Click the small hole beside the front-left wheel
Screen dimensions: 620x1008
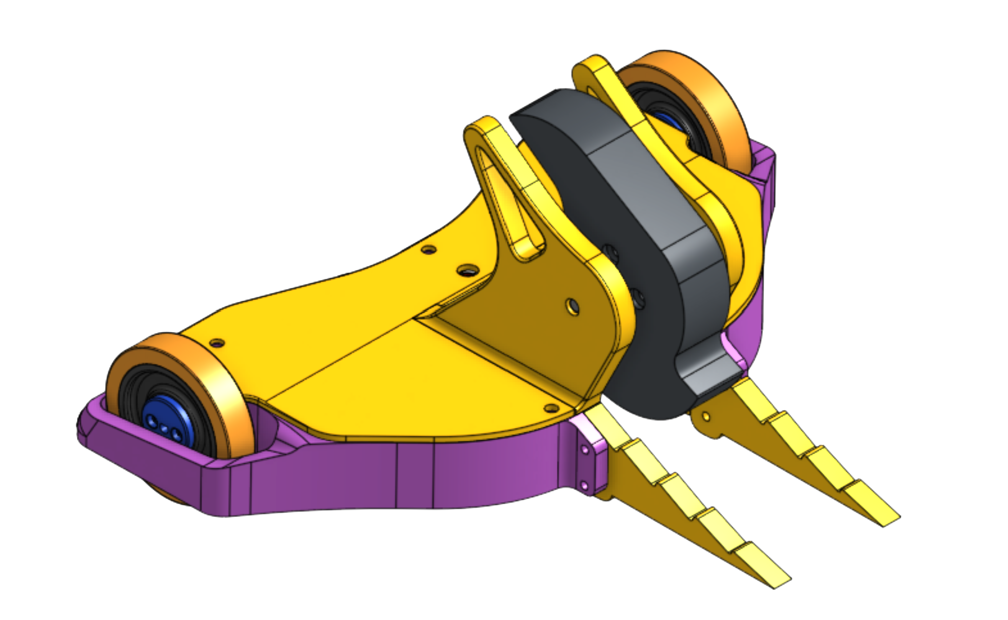point(217,342)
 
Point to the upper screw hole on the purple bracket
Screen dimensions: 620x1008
point(585,449)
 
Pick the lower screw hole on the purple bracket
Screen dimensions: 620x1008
point(583,484)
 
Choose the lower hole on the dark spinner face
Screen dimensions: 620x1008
point(639,297)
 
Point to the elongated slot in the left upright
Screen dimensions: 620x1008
point(508,205)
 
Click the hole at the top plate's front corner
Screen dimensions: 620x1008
point(551,408)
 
